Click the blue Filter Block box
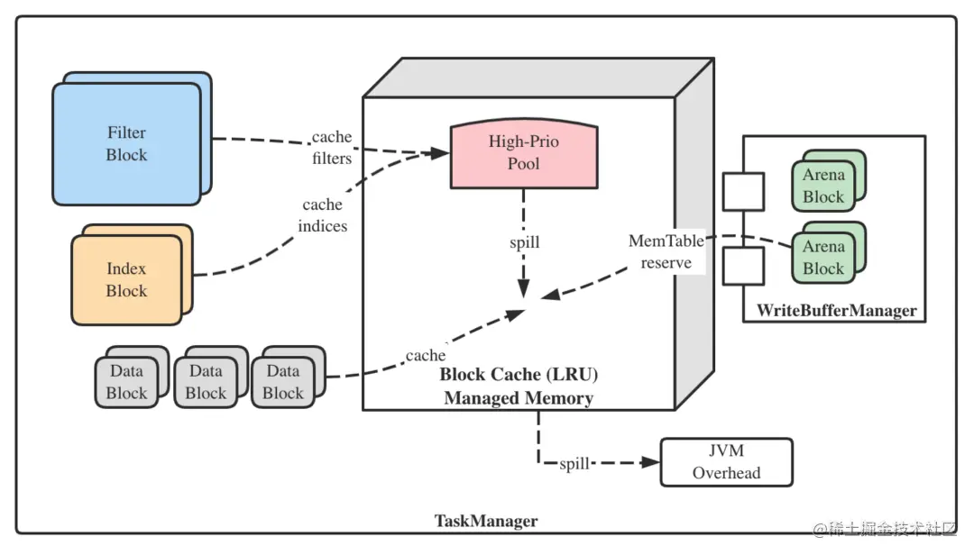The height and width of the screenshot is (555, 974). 126,144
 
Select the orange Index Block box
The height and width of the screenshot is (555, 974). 126,279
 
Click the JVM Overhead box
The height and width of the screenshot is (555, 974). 726,462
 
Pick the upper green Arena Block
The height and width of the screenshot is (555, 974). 822,187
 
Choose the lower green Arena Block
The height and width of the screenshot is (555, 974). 822,258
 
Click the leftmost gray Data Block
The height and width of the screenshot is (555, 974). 126,382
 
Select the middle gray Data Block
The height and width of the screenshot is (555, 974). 206,382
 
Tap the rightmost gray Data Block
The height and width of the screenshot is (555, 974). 283,382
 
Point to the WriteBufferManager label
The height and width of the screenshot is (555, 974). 836,311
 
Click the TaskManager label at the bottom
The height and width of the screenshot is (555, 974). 486,521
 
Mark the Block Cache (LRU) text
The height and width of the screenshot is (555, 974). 519,374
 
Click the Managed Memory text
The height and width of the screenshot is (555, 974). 519,397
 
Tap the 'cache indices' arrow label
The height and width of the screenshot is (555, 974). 323,215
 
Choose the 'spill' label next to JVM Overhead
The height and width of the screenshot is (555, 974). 574,463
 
